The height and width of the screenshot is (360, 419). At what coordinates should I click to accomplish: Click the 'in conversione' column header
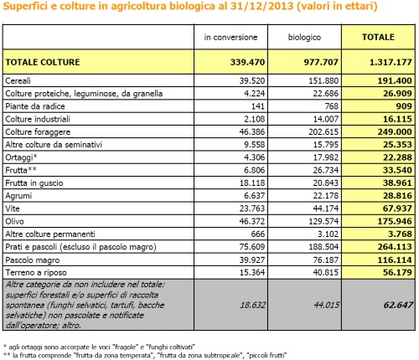pyautogui.click(x=230, y=37)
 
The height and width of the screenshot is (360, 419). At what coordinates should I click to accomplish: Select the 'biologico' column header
pyautogui.click(x=304, y=37)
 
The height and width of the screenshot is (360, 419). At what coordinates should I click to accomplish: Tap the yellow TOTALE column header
pyautogui.click(x=378, y=37)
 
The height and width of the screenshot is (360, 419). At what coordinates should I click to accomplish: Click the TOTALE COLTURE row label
pyautogui.click(x=43, y=62)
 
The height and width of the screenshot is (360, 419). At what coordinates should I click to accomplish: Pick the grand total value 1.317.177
pyautogui.click(x=391, y=62)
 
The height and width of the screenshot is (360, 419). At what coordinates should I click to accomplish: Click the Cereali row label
pyautogui.click(x=18, y=81)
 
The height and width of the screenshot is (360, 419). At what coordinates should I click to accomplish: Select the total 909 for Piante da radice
pyautogui.click(x=404, y=106)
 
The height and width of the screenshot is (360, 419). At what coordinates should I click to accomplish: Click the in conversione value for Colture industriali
pyautogui.click(x=254, y=119)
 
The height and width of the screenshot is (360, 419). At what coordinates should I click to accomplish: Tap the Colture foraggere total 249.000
pyautogui.click(x=395, y=131)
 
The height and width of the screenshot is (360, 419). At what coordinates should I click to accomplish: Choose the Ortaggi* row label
pyautogui.click(x=21, y=157)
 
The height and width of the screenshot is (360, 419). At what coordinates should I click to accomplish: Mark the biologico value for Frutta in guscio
pyautogui.click(x=326, y=183)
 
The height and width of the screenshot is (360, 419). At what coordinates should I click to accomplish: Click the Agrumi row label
pyautogui.click(x=18, y=196)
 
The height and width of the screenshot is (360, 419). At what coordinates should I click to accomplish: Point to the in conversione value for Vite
pyautogui.click(x=252, y=208)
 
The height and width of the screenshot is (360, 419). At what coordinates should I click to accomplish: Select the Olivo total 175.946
pyautogui.click(x=395, y=221)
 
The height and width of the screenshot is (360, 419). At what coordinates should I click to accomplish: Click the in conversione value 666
pyautogui.click(x=258, y=234)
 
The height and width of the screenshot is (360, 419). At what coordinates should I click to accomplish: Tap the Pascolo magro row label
pyautogui.click(x=33, y=260)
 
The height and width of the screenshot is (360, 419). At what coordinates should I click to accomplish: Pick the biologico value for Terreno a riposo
pyautogui.click(x=326, y=272)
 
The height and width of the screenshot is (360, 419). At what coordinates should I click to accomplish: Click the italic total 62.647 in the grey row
pyautogui.click(x=398, y=305)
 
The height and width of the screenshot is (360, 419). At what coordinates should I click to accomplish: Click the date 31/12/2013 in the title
pyautogui.click(x=262, y=6)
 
